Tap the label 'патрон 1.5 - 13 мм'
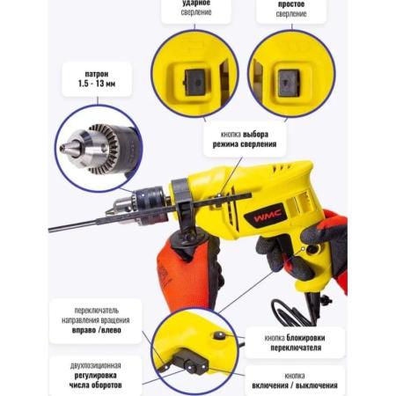tap(97, 78)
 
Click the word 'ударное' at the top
tap(196, 3)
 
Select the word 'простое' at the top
tap(291, 4)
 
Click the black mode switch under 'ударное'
tap(194, 83)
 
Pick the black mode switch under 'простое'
tap(289, 83)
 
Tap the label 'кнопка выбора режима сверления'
tap(245, 139)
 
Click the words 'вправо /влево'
tap(97, 330)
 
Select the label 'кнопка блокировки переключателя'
tap(295, 342)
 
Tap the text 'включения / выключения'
tap(295, 385)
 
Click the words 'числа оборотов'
tap(95, 385)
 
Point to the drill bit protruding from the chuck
tap(77, 225)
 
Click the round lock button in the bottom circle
tap(219, 335)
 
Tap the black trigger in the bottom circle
tap(190, 362)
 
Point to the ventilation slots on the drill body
tap(298, 202)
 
